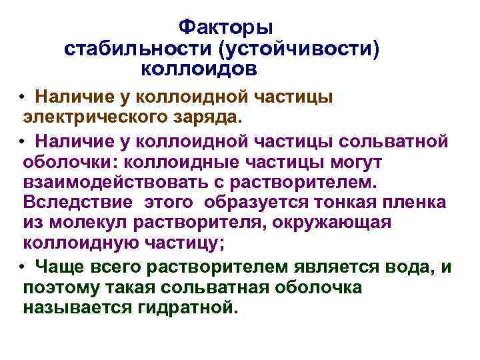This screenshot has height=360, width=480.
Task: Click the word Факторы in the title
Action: click(226, 28)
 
